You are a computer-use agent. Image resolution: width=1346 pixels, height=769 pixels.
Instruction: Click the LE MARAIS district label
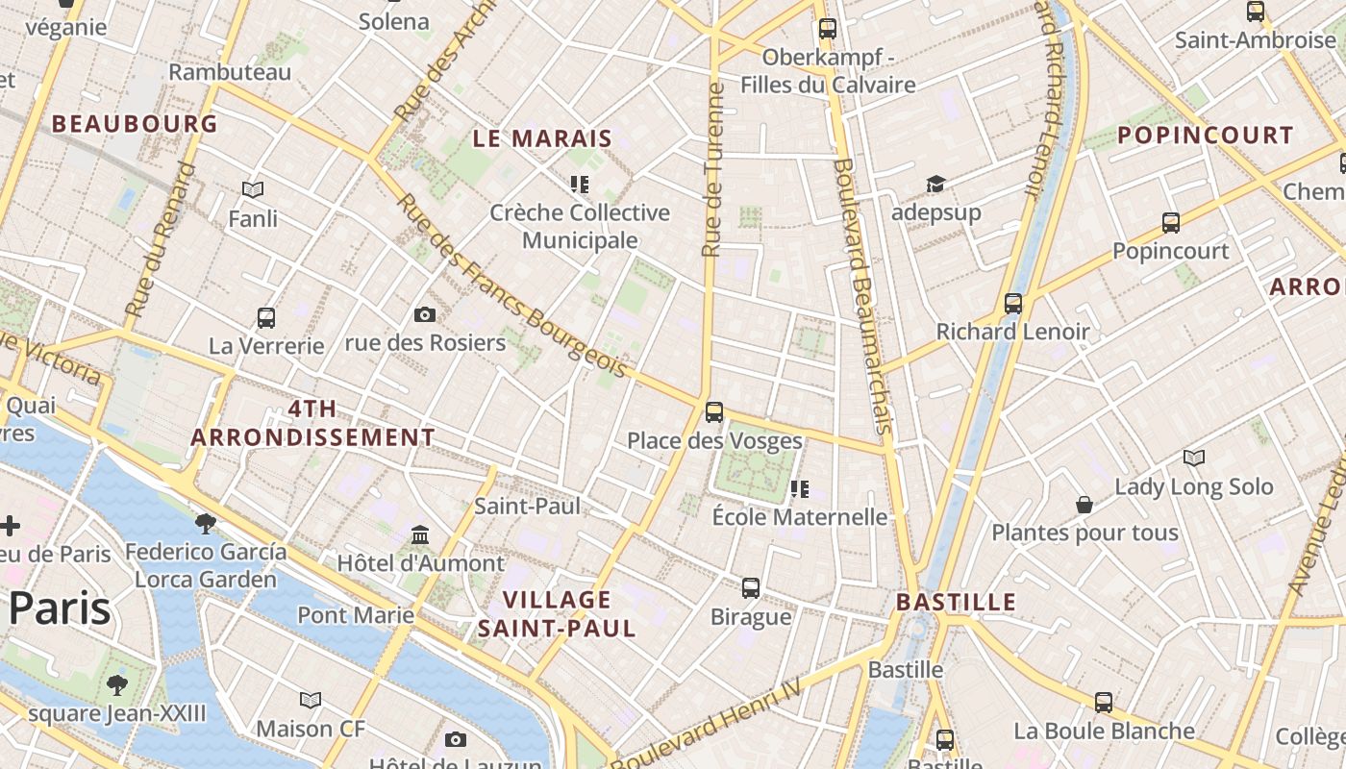click(542, 138)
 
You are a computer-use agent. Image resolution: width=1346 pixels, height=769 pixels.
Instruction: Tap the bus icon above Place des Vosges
click(713, 412)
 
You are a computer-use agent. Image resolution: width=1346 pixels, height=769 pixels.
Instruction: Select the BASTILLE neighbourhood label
click(956, 603)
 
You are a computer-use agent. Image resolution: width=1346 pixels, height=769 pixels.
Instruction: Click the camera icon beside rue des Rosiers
click(424, 314)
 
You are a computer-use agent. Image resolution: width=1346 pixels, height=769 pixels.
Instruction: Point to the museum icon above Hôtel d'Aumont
click(420, 534)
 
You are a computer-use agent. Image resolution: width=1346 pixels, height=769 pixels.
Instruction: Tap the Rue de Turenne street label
click(712, 170)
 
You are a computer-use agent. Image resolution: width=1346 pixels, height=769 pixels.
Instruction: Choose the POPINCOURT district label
click(1206, 136)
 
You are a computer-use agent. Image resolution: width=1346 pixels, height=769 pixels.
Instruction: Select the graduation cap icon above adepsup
click(935, 184)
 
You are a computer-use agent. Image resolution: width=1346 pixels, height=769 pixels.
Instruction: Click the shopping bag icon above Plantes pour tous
click(1084, 505)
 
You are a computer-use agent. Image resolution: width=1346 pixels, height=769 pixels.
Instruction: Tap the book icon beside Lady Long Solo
click(1193, 458)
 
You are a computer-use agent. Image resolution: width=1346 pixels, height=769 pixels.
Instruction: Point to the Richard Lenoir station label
click(1012, 332)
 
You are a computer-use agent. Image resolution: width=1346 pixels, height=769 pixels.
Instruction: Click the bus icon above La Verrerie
click(266, 317)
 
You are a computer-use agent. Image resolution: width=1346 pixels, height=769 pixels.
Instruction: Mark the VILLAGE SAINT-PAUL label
click(557, 614)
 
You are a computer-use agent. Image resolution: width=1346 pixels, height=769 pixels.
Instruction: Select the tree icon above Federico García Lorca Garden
click(205, 524)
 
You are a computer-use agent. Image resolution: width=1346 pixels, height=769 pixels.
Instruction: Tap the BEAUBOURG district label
click(135, 124)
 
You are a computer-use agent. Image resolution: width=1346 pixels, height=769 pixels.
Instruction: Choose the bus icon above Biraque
click(751, 587)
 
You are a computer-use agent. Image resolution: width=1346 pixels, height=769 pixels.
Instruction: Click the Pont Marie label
click(356, 614)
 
